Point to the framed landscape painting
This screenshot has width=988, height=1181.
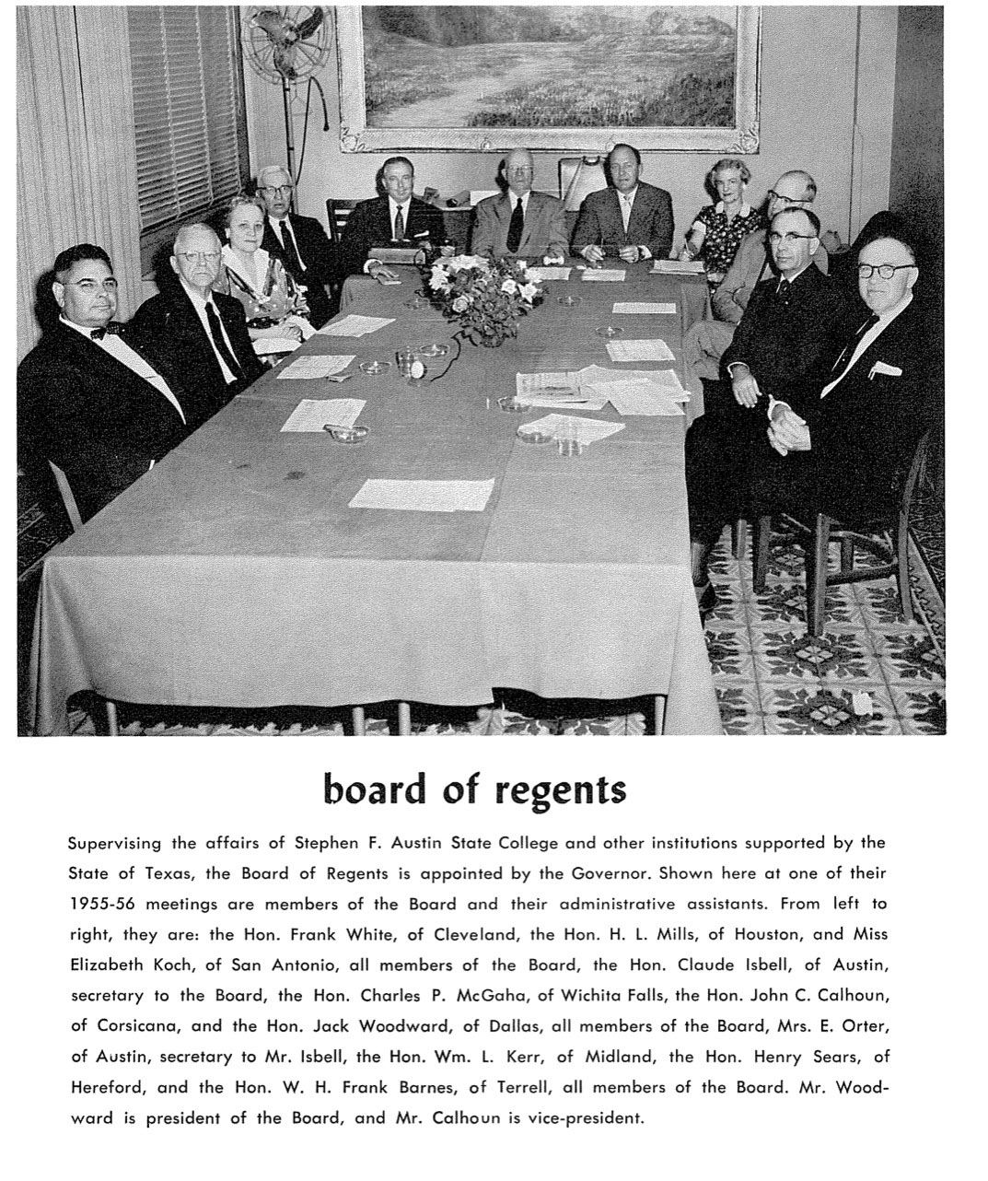pos(550,74)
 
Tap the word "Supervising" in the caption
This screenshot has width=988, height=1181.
pos(115,843)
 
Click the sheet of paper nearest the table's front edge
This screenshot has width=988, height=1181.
pos(420,494)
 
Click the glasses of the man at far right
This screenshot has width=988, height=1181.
pos(885,270)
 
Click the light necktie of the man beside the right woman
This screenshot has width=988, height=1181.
pos(625,213)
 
